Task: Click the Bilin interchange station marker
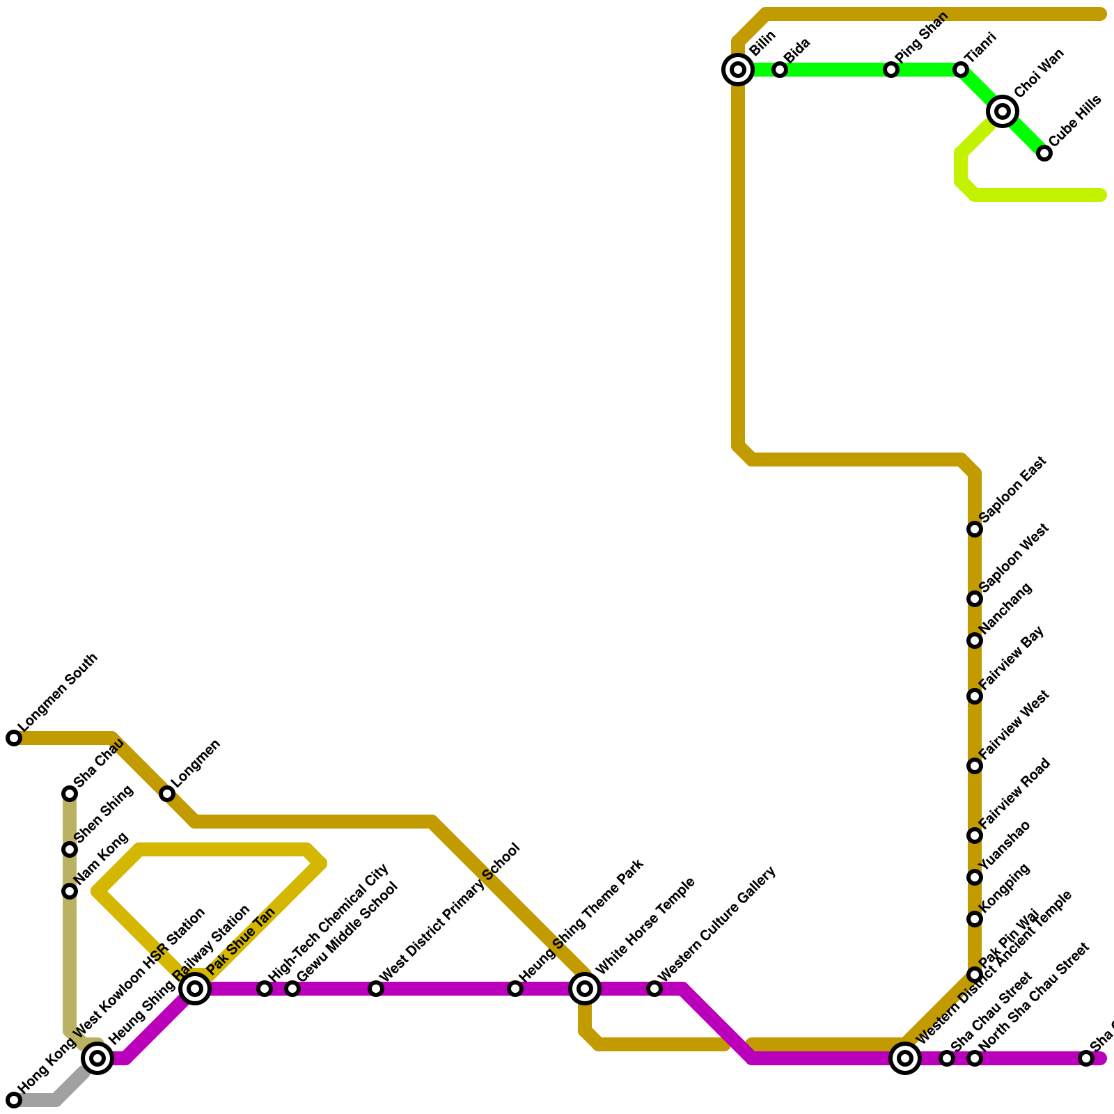pos(738,70)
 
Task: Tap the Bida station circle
pos(780,70)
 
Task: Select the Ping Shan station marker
pos(891,70)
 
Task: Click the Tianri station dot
pos(961,70)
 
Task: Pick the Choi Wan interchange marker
pos(1003,111)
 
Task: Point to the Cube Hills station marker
pos(1044,153)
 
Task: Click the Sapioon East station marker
pos(975,530)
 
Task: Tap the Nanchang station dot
pos(975,641)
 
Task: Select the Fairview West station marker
pos(975,766)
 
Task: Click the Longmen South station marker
pos(14,738)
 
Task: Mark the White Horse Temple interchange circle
pos(585,989)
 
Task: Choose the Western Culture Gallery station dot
pos(654,989)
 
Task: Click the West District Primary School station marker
pos(376,989)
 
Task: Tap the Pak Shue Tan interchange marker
pos(196,989)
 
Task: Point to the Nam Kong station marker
pos(70,891)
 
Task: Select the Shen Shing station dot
pos(70,849)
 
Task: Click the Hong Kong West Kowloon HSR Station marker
pos(14,1100)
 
